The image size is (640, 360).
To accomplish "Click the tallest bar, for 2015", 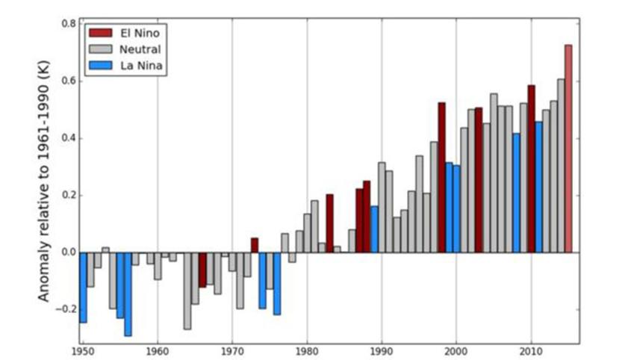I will (x=568, y=149).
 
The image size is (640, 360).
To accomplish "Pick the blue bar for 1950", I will (x=83, y=287).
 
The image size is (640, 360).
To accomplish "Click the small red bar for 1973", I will (x=255, y=245).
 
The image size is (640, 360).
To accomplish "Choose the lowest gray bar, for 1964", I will (x=187, y=291).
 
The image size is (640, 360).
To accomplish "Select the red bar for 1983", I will (x=329, y=223).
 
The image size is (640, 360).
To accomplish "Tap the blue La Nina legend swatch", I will (x=99, y=66).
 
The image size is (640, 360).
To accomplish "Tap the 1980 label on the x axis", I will (x=307, y=350).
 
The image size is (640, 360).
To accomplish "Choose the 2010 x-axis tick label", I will (x=531, y=350).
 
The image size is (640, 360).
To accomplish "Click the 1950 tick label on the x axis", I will (x=83, y=350).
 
